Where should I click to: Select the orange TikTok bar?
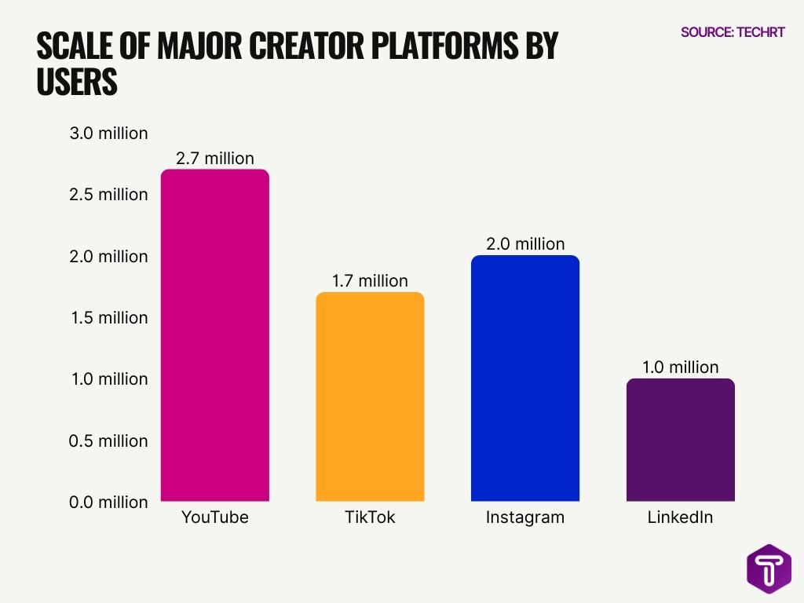click(370, 397)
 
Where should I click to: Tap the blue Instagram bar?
click(525, 378)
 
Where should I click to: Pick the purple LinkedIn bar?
click(680, 440)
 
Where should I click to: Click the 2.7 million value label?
click(214, 158)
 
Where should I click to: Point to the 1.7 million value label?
click(370, 280)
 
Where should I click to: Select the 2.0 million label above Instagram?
click(525, 243)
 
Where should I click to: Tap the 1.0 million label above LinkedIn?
click(680, 367)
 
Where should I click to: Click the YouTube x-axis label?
click(214, 517)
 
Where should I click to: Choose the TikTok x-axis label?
click(370, 517)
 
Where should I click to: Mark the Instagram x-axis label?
click(525, 517)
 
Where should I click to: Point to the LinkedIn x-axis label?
click(680, 517)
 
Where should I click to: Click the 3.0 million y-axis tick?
click(108, 133)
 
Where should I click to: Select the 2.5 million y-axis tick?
click(108, 195)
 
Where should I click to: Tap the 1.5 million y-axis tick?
click(108, 318)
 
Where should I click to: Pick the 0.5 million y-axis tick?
click(108, 440)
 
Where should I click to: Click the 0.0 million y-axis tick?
click(108, 502)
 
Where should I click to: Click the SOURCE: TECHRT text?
click(733, 32)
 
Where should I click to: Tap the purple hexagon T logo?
click(769, 568)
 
